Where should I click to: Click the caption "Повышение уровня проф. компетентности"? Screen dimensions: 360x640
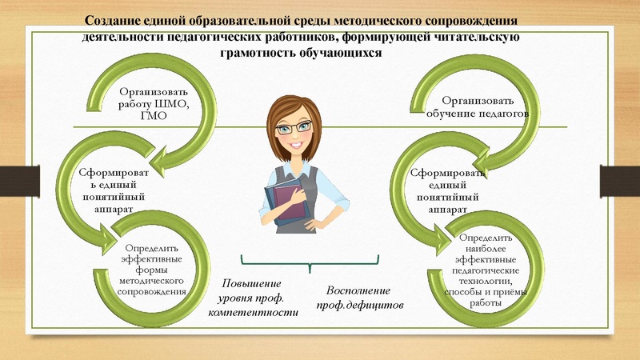click(253, 297)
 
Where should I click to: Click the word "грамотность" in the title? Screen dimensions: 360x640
click(262, 52)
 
